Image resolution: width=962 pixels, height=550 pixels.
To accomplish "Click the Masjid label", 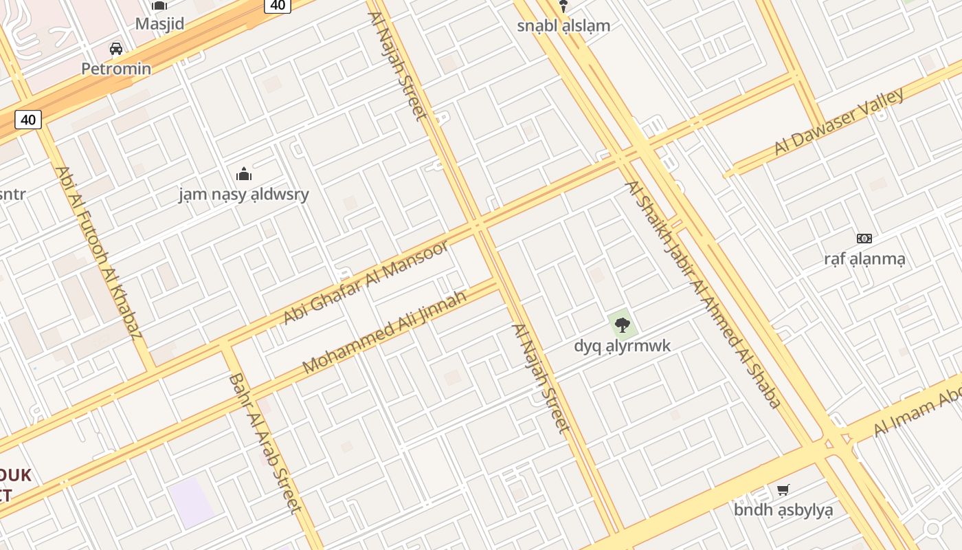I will click(159, 24).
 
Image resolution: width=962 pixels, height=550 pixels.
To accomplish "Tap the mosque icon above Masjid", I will click(159, 5).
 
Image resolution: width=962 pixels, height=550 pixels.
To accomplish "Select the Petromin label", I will click(116, 69).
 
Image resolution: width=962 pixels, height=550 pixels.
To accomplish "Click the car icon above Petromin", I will click(116, 49).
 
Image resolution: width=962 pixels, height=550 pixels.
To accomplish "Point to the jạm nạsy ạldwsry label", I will click(244, 194).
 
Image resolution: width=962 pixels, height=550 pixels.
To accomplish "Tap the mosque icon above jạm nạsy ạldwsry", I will click(243, 173).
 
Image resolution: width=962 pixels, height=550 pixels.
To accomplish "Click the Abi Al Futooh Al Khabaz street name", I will click(98, 252).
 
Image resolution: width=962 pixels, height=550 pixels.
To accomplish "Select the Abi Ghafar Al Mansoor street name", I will click(366, 282).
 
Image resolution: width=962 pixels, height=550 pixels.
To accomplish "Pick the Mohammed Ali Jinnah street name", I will click(385, 332).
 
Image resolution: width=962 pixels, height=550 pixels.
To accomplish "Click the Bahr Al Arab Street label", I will click(265, 443).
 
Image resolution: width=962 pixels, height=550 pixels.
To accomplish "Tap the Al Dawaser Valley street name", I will click(839, 122).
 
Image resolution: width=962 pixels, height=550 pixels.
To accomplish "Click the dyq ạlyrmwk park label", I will click(622, 345).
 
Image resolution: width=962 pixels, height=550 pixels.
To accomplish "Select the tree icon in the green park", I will click(622, 324).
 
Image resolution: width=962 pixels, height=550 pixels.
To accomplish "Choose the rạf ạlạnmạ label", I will click(864, 258).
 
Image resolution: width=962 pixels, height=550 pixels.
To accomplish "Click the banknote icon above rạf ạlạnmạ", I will click(864, 239).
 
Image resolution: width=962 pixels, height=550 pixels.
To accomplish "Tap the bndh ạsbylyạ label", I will click(783, 509).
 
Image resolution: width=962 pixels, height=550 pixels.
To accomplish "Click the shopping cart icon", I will click(783, 489).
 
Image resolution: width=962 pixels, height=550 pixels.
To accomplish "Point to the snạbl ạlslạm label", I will click(563, 25).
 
